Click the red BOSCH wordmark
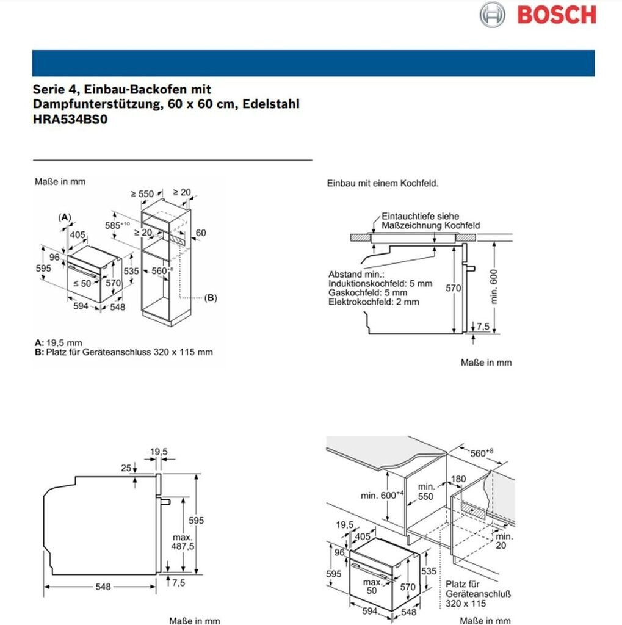[556, 14]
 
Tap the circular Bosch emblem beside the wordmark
[492, 14]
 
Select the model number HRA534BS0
[70, 120]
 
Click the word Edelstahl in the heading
[271, 104]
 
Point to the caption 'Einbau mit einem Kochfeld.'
[383, 183]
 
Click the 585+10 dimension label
[116, 224]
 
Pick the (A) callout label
[65, 217]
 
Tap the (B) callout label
[210, 298]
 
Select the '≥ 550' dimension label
[143, 193]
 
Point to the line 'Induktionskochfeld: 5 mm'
[380, 284]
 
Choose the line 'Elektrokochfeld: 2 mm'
[374, 302]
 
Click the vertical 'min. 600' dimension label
[494, 286]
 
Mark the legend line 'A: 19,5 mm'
[59, 343]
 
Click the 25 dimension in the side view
[126, 468]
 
